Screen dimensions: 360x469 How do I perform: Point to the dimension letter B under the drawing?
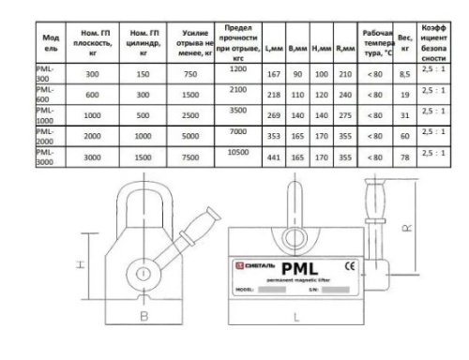(x=144, y=317)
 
